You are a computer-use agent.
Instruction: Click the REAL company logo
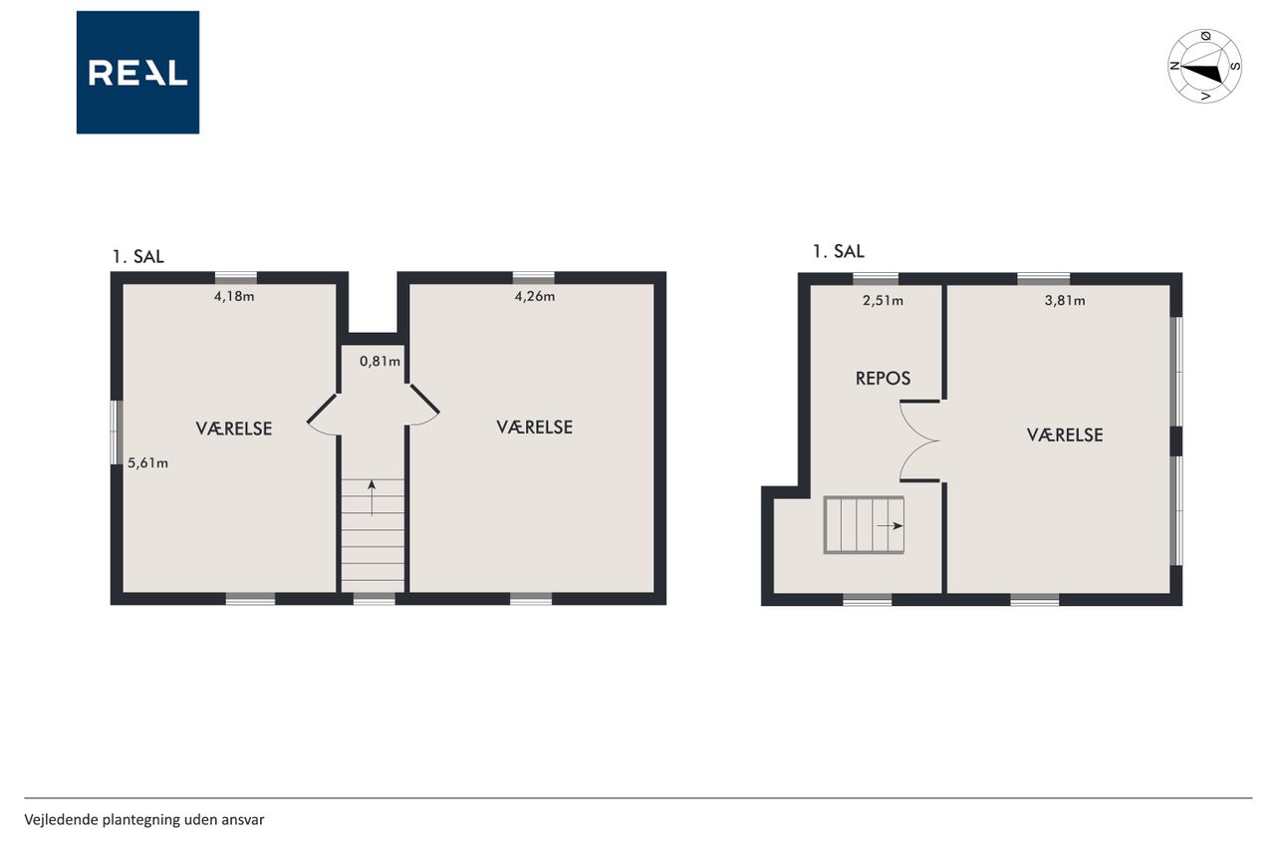coord(137,73)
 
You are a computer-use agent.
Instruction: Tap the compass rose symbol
coord(1204,66)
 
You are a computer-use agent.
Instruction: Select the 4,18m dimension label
coord(234,296)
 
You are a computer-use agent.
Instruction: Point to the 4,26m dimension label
coord(535,296)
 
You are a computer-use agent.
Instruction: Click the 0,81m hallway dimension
coord(380,361)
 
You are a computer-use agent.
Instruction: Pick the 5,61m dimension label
coord(147,463)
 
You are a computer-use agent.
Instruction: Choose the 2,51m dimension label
coord(883,300)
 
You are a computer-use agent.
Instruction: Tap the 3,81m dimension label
coord(1065,300)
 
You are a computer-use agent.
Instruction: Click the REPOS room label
coord(883,379)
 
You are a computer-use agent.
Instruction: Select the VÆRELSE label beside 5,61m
coord(234,428)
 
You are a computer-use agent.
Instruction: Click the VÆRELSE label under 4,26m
coord(535,427)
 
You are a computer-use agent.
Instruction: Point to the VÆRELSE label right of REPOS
coord(1065,435)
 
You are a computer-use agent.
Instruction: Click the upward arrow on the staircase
coord(372,498)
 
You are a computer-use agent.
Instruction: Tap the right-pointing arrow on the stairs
coord(890,526)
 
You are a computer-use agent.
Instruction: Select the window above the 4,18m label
coord(236,278)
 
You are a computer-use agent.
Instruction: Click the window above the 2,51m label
coord(876,279)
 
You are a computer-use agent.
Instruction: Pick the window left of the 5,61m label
coord(117,432)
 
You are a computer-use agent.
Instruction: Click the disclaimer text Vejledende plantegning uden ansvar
coord(144,820)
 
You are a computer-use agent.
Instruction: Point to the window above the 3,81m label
coord(1043,279)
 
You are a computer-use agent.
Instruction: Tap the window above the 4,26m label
coord(533,278)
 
